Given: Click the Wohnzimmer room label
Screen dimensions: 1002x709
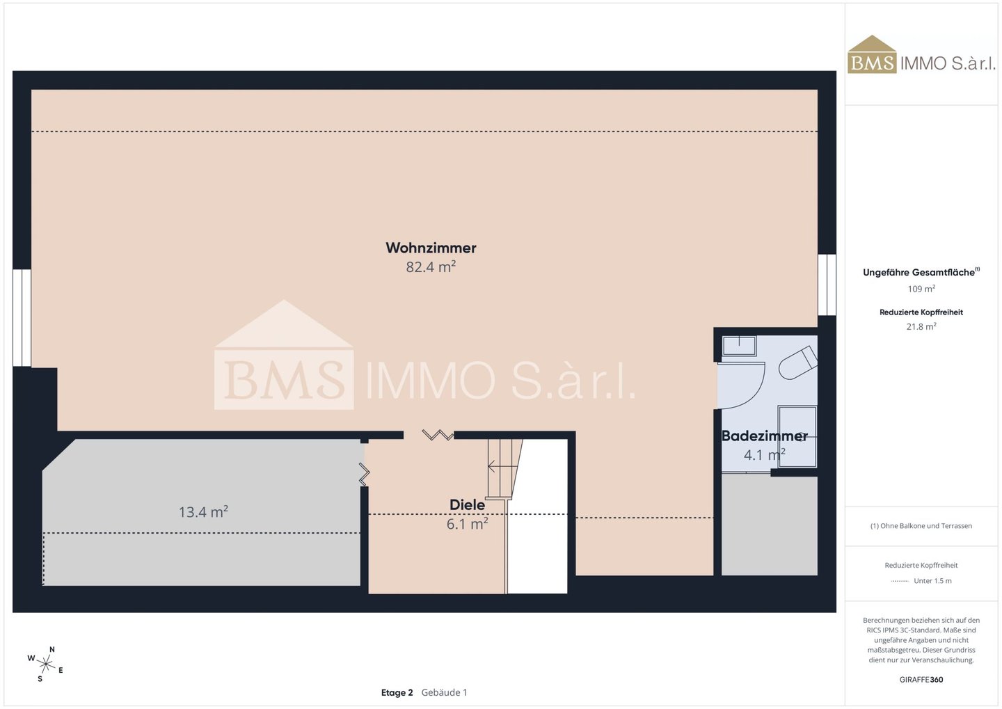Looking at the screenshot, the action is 431,248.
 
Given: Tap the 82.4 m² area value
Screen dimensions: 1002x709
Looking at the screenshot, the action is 431,267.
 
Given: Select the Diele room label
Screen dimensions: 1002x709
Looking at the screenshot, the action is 467,504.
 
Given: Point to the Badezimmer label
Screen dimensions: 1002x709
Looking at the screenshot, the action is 765,436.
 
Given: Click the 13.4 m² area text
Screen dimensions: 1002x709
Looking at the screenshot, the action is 203,511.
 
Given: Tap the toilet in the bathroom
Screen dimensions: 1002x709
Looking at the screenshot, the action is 799,363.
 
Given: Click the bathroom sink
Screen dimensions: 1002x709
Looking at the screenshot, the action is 740,346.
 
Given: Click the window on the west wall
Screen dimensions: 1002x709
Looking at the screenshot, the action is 22,318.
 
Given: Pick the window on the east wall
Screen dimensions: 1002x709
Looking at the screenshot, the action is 827,285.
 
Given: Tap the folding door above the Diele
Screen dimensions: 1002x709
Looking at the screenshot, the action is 438,435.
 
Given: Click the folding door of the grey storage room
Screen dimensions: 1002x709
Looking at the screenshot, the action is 364,474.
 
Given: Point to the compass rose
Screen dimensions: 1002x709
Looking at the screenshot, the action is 46,664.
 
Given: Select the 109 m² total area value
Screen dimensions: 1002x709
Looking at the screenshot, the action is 921,289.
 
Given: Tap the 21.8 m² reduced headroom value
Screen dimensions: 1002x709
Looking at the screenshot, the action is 921,326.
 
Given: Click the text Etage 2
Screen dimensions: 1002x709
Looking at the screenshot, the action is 397,692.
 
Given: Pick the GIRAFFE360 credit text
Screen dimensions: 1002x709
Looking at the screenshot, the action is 921,680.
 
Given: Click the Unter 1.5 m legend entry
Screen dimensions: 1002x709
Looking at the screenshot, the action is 921,580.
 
